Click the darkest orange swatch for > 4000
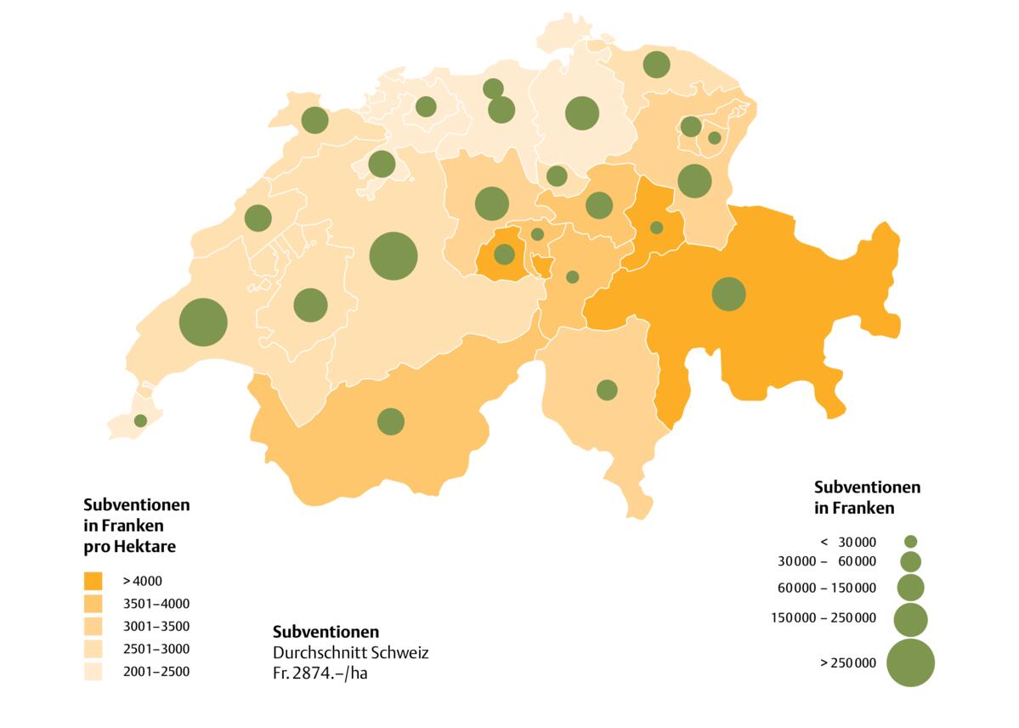click(93, 582)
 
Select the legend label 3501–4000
click(156, 604)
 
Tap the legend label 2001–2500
click(156, 671)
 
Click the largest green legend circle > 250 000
click(910, 663)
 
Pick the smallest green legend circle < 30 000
click(910, 541)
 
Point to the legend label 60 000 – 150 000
click(826, 588)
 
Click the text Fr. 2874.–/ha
click(326, 673)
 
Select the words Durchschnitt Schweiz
click(350, 653)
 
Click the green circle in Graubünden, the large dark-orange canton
click(728, 294)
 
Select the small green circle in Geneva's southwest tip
click(140, 420)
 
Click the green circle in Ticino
click(607, 390)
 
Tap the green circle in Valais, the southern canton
click(391, 421)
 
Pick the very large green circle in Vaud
click(203, 322)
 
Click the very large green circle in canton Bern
click(393, 255)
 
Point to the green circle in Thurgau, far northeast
click(656, 64)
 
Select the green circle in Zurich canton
click(582, 113)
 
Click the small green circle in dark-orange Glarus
click(656, 227)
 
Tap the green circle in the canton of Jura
click(314, 120)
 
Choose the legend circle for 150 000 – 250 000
click(910, 620)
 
